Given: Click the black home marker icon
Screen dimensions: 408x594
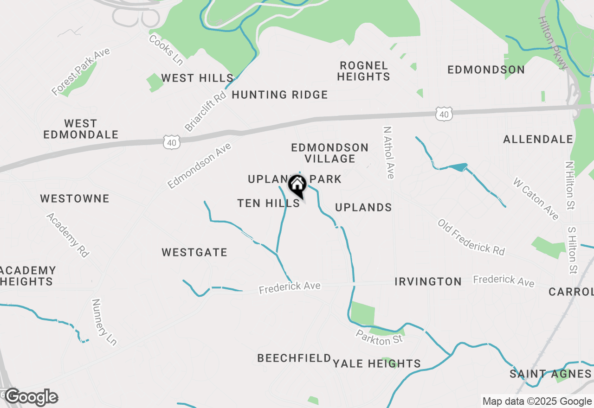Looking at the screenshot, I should (x=297, y=185).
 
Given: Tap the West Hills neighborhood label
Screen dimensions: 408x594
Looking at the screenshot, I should (x=197, y=78).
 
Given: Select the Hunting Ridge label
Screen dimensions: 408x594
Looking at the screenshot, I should (x=280, y=95).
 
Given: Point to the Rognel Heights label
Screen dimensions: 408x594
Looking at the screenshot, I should (x=363, y=71).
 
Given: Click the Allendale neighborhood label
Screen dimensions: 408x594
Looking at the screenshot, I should (x=538, y=139).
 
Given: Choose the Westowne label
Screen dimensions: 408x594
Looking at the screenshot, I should (x=75, y=199).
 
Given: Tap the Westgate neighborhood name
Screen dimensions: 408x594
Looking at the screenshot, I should (x=194, y=253).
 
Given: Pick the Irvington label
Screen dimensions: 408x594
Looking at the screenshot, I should (x=428, y=281).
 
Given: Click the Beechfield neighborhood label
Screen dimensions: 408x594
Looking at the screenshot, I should (x=294, y=358).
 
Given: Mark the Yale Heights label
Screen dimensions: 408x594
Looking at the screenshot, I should (x=377, y=363).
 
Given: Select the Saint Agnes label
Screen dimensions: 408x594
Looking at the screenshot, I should (x=550, y=374).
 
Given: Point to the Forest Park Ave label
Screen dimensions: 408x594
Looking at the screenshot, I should (x=81, y=71).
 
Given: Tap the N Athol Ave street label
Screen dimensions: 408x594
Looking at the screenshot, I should (x=389, y=152).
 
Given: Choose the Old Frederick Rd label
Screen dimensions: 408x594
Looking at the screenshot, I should (x=471, y=237).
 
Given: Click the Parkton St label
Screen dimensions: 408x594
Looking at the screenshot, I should (x=379, y=337).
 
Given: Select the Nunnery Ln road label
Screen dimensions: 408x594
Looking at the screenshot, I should (x=104, y=322).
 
